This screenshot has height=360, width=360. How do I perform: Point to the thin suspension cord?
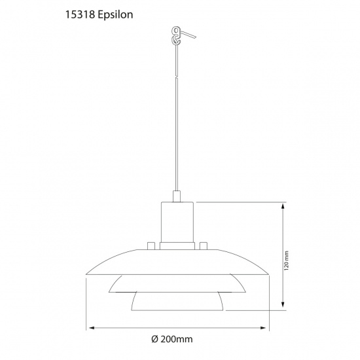tap(176, 118)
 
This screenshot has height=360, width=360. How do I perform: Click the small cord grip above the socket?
tap(176, 194)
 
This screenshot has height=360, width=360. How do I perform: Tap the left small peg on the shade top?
tap(151, 246)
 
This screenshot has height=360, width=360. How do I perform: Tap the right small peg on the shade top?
tap(203, 246)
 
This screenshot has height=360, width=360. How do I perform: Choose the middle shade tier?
tap(177, 283)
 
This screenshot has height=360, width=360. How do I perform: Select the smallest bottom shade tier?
tap(177, 301)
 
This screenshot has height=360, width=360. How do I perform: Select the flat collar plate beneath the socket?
tap(177, 245)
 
